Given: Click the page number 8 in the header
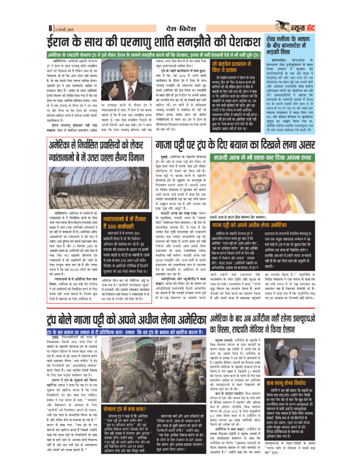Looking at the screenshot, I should tap(50, 27).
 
